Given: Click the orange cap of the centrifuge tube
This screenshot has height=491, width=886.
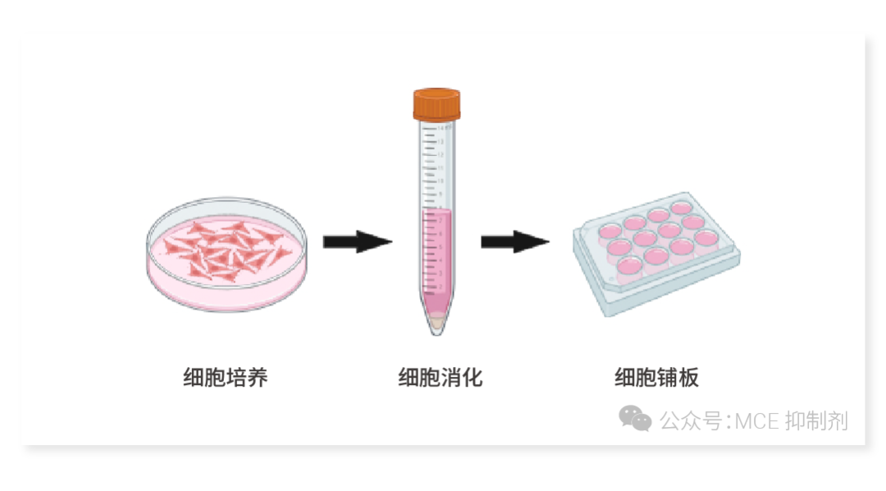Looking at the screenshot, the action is point(436,104).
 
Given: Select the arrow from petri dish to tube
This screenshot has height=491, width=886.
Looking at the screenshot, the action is point(357,241).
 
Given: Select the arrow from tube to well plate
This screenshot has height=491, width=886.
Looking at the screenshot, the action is point(514,241).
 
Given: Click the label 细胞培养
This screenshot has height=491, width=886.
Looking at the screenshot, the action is point(226,378).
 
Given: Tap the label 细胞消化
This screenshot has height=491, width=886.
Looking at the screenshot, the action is point(441,378).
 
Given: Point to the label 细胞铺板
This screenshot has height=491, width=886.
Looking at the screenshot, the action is point(656,378).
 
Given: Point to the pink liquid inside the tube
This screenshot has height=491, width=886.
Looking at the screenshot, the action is point(436,255).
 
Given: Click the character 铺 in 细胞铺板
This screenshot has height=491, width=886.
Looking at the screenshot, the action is point(667,378).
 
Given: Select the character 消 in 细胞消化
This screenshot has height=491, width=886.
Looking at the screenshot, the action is point(451,378).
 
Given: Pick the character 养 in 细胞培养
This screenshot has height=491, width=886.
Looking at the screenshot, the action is point(258,378).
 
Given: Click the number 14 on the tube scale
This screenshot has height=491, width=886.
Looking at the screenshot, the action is point(440,129).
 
